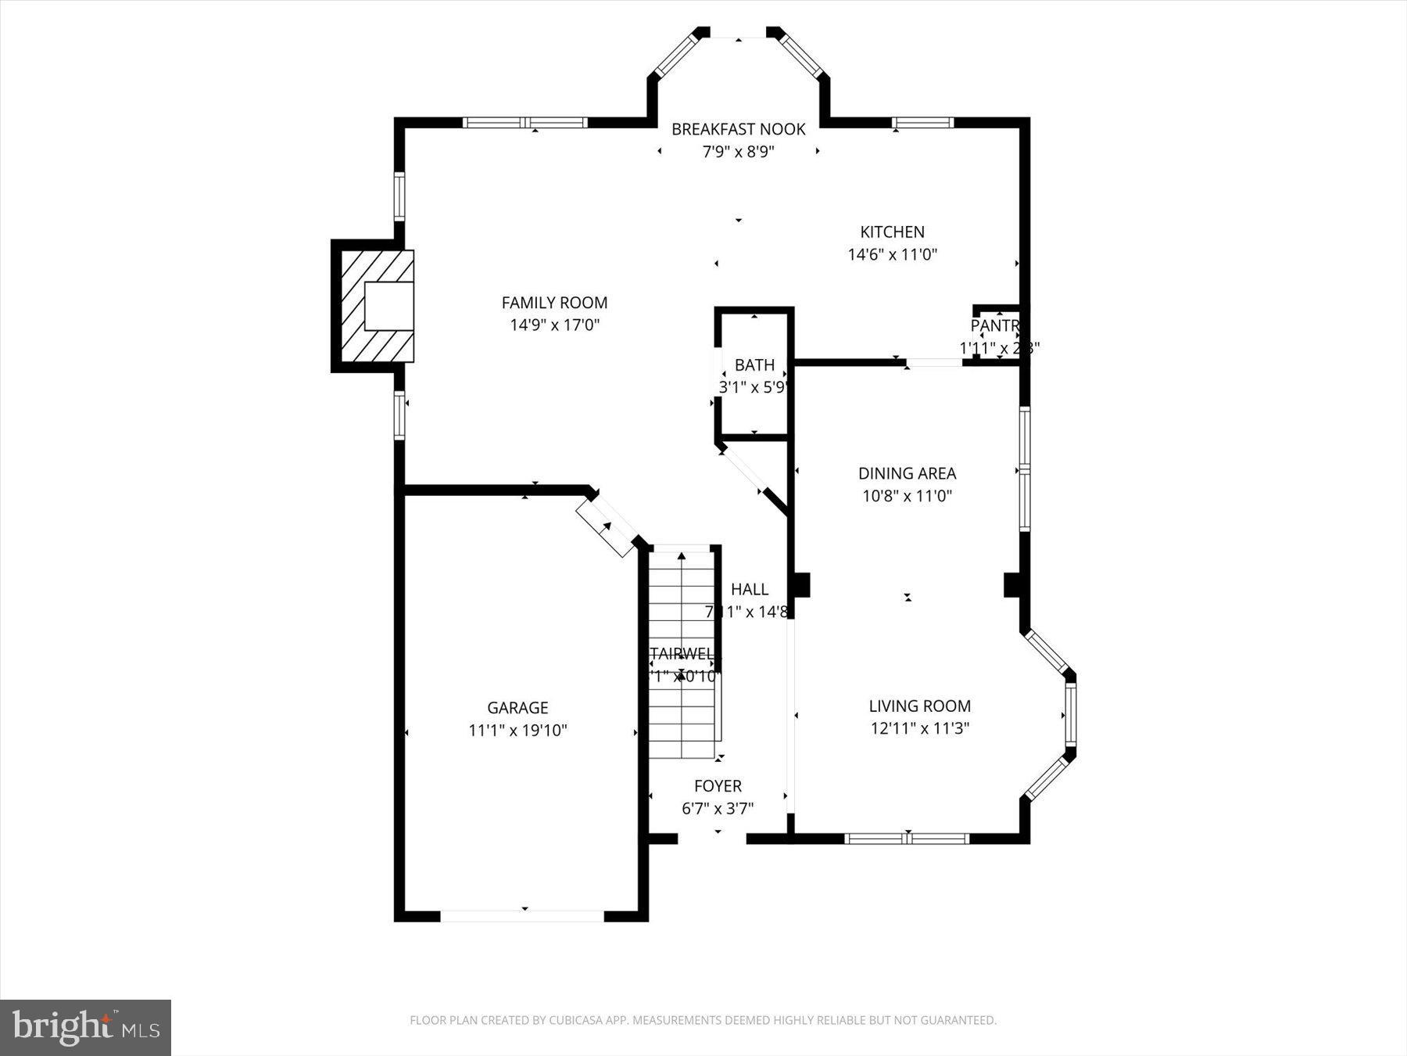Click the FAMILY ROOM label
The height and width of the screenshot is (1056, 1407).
point(554,303)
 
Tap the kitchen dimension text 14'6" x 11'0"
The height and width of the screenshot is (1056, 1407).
point(892,254)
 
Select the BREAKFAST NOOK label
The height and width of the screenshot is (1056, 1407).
point(738,129)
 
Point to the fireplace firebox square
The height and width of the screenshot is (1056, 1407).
point(388,306)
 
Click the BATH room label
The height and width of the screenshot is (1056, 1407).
point(754,365)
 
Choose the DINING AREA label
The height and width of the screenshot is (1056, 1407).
point(907,473)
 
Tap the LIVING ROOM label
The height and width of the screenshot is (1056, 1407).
point(919,706)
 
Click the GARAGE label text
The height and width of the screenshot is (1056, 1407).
point(517,708)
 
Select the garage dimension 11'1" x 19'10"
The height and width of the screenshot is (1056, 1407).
point(517,731)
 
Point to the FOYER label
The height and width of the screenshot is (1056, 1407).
point(718,786)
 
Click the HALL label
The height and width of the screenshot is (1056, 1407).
point(750,590)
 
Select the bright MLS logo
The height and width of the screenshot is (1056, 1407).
point(85,1027)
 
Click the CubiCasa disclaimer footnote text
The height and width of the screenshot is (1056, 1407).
point(703,1020)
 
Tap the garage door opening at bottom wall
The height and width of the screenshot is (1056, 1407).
point(522,915)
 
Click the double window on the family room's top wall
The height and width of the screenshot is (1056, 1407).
point(524,123)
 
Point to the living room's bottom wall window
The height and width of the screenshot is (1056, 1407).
point(907,839)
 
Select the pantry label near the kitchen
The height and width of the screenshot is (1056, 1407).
point(994,325)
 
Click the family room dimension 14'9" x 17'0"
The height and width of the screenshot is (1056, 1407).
point(554,325)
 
